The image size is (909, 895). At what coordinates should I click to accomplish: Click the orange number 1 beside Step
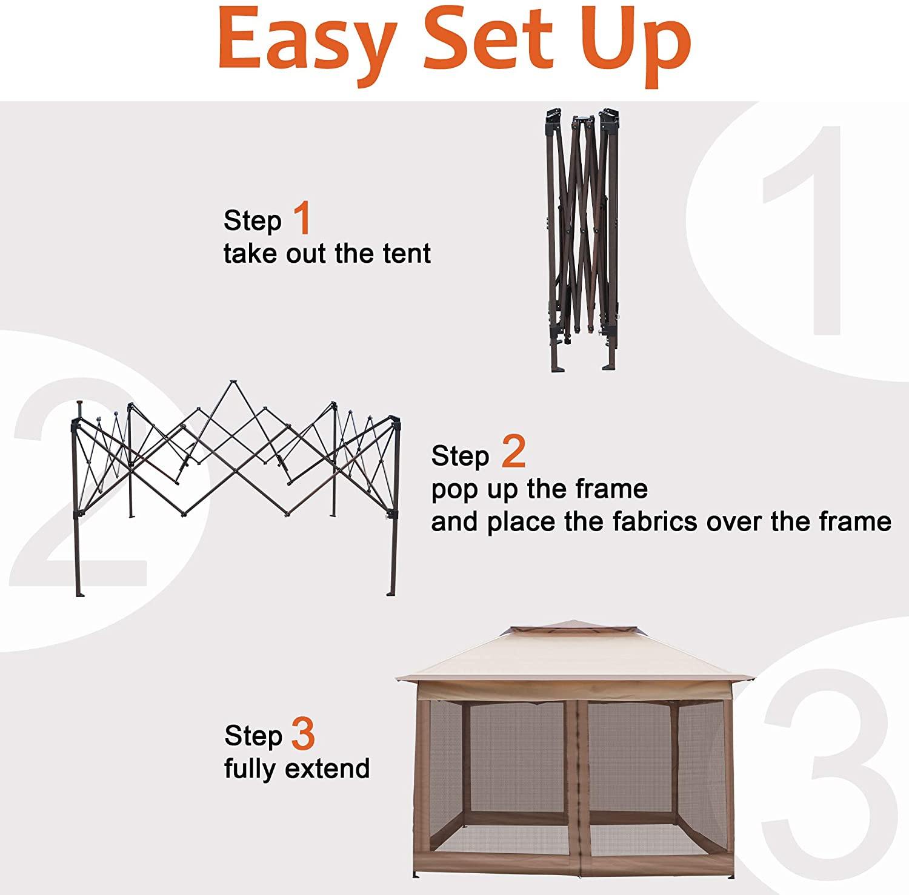(x=302, y=219)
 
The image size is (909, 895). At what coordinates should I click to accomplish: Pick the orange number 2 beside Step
(x=513, y=454)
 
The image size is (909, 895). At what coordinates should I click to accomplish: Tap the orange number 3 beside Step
(x=303, y=734)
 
